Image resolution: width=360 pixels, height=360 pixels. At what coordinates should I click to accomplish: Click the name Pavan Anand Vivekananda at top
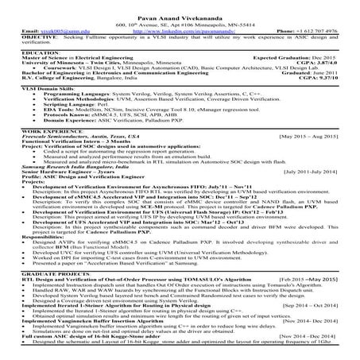(x=180, y=6)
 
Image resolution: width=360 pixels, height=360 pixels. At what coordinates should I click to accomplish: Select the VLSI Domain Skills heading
(x=37, y=94)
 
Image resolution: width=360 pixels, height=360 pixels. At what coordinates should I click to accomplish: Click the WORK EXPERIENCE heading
(x=33, y=151)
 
